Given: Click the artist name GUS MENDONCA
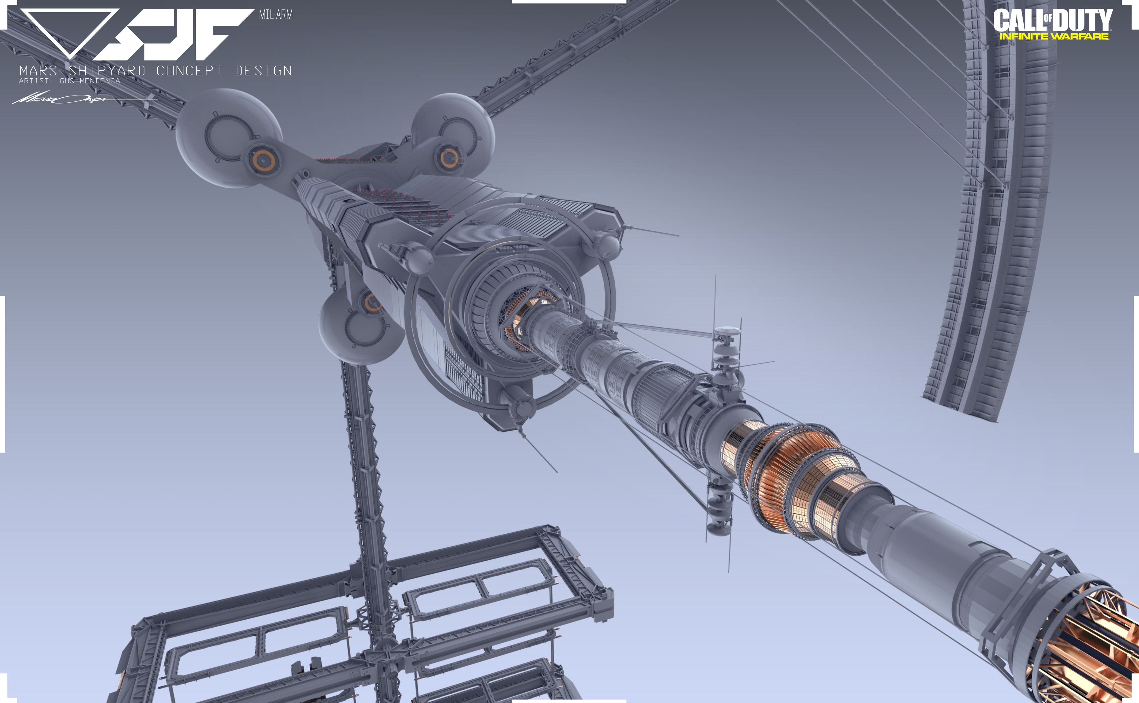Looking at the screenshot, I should click(90, 81).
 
